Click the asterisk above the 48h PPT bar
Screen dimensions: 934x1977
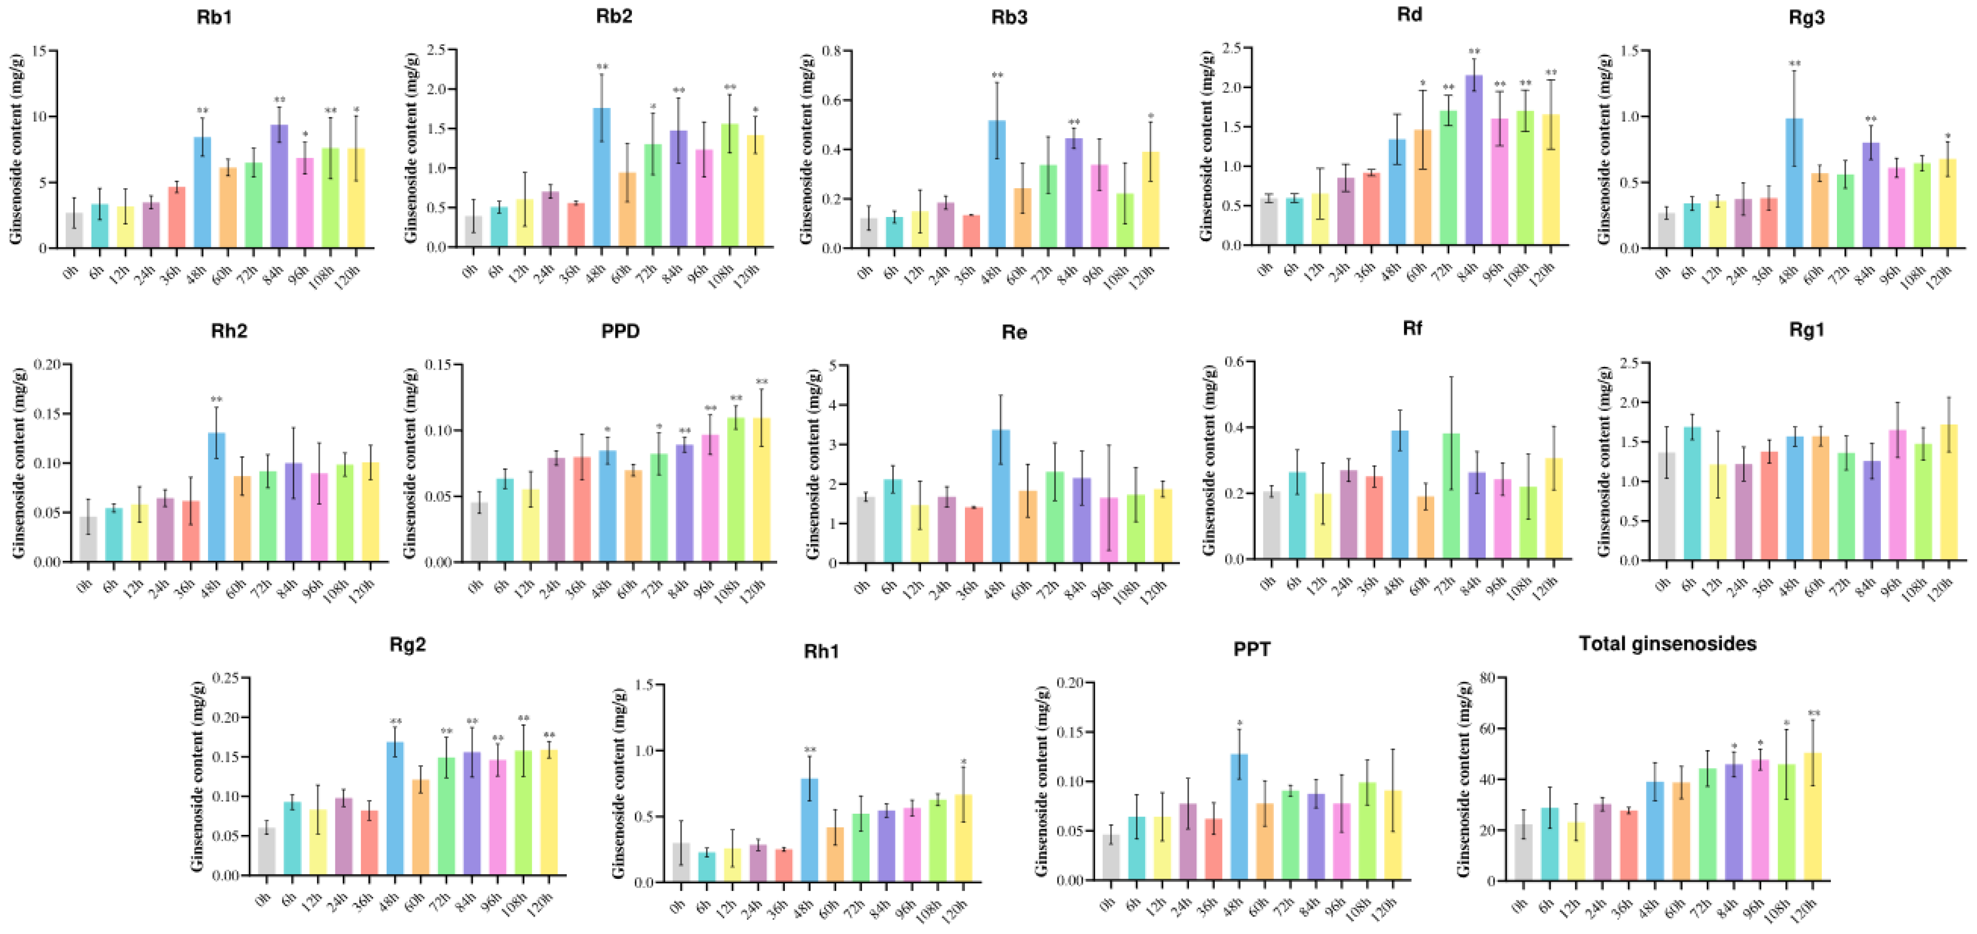coord(1239,723)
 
